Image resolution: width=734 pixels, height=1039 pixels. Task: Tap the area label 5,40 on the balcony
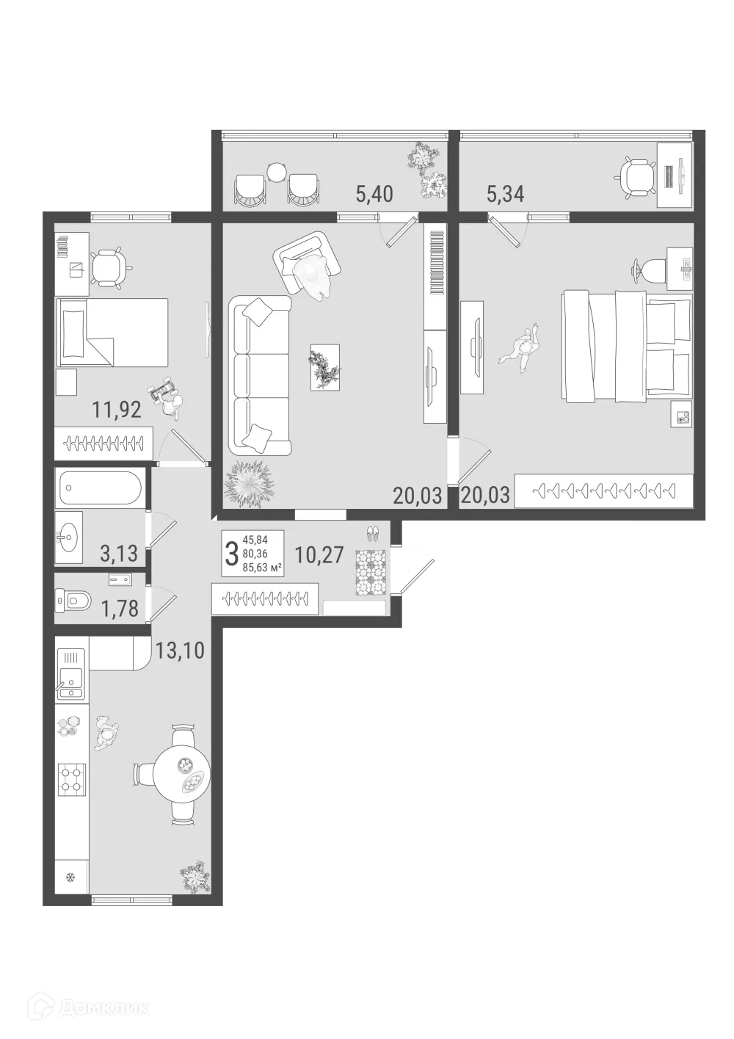tap(374, 195)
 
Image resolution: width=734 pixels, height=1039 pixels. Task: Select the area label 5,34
tap(506, 195)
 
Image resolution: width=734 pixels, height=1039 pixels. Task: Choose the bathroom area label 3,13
tap(117, 553)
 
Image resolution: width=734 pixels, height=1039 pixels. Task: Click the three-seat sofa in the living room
tap(260, 375)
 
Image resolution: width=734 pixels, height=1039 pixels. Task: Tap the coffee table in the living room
tap(324, 366)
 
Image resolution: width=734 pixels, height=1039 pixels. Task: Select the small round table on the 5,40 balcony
tap(276, 173)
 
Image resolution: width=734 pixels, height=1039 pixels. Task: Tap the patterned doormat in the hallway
tap(370, 573)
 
